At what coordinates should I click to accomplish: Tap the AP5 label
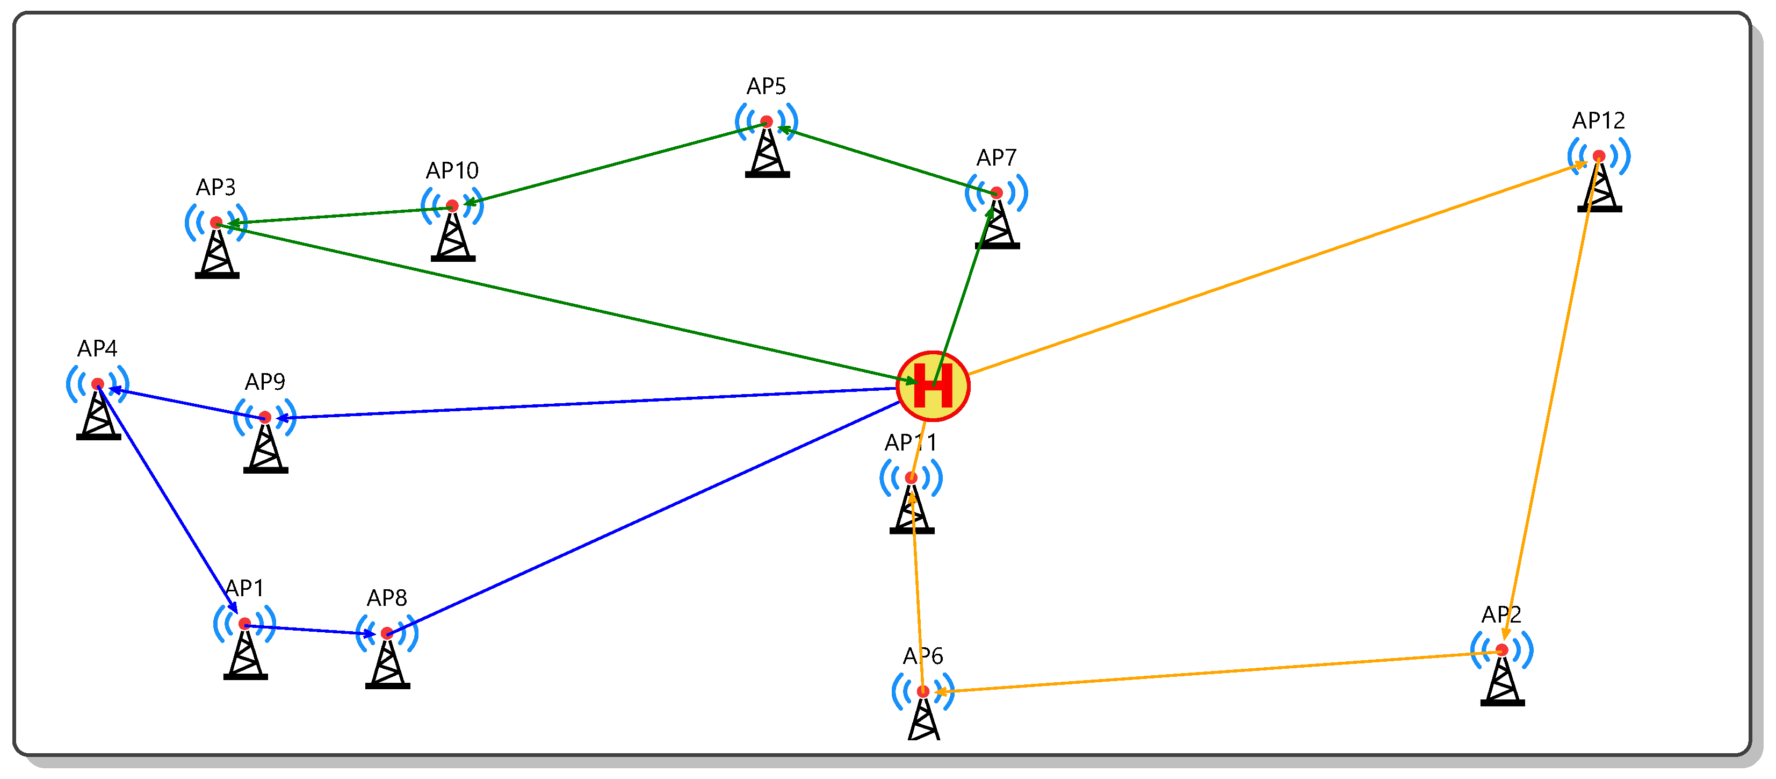click(x=766, y=86)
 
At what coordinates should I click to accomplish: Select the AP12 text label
click(x=1598, y=121)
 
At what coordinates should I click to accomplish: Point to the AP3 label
click(x=216, y=187)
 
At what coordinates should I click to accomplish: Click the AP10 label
click(x=452, y=170)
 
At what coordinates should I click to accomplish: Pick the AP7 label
click(x=995, y=158)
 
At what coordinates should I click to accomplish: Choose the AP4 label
click(x=97, y=348)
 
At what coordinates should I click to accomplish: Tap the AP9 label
click(x=265, y=382)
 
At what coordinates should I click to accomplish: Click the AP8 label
click(x=387, y=597)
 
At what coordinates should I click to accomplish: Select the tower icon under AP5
click(x=767, y=152)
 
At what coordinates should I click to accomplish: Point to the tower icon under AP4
click(x=99, y=414)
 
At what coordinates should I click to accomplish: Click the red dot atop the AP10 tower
click(x=452, y=205)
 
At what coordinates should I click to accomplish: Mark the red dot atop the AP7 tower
click(x=996, y=192)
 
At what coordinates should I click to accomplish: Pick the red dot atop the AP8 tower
click(x=387, y=633)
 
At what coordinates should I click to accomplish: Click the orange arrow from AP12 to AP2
click(x=1551, y=400)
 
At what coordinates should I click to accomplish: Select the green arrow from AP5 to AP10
click(x=613, y=163)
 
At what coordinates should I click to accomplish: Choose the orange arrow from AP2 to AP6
click(x=1214, y=671)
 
